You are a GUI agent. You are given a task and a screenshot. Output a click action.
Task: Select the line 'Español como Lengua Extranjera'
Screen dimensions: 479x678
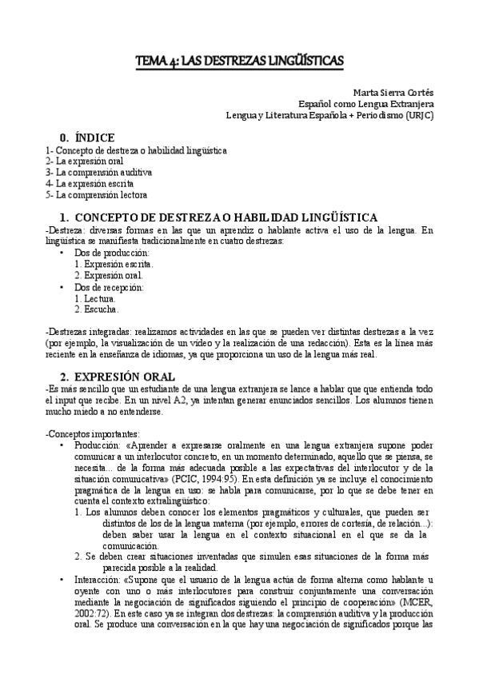point(366,104)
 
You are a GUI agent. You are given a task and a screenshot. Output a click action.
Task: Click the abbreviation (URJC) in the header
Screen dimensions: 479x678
point(419,115)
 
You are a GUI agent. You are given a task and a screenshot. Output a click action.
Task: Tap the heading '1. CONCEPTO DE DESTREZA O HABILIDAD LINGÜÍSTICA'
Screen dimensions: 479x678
point(226,217)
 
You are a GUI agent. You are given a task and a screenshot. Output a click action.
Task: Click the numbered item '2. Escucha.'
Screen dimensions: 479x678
point(96,309)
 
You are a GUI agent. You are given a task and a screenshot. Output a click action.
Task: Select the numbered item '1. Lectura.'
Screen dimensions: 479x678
point(95,297)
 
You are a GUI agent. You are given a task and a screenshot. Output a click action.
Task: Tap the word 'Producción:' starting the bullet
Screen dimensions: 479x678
point(99,445)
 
